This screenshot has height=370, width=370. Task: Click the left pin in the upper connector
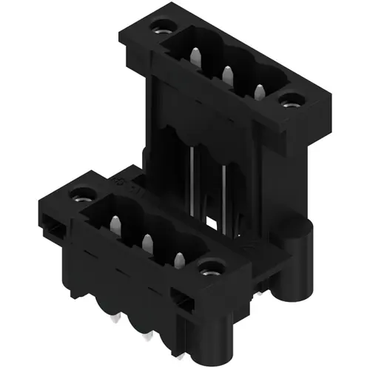pos(195,58)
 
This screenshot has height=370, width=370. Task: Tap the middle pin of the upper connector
pos(227,74)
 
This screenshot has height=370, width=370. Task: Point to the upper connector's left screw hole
pos(158,32)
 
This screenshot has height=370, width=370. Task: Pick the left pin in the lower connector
pos(115,223)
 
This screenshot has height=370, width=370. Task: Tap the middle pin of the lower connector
pos(147,241)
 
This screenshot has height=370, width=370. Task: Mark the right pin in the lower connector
pos(180,259)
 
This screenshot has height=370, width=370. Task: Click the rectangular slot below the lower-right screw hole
pos(181,297)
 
